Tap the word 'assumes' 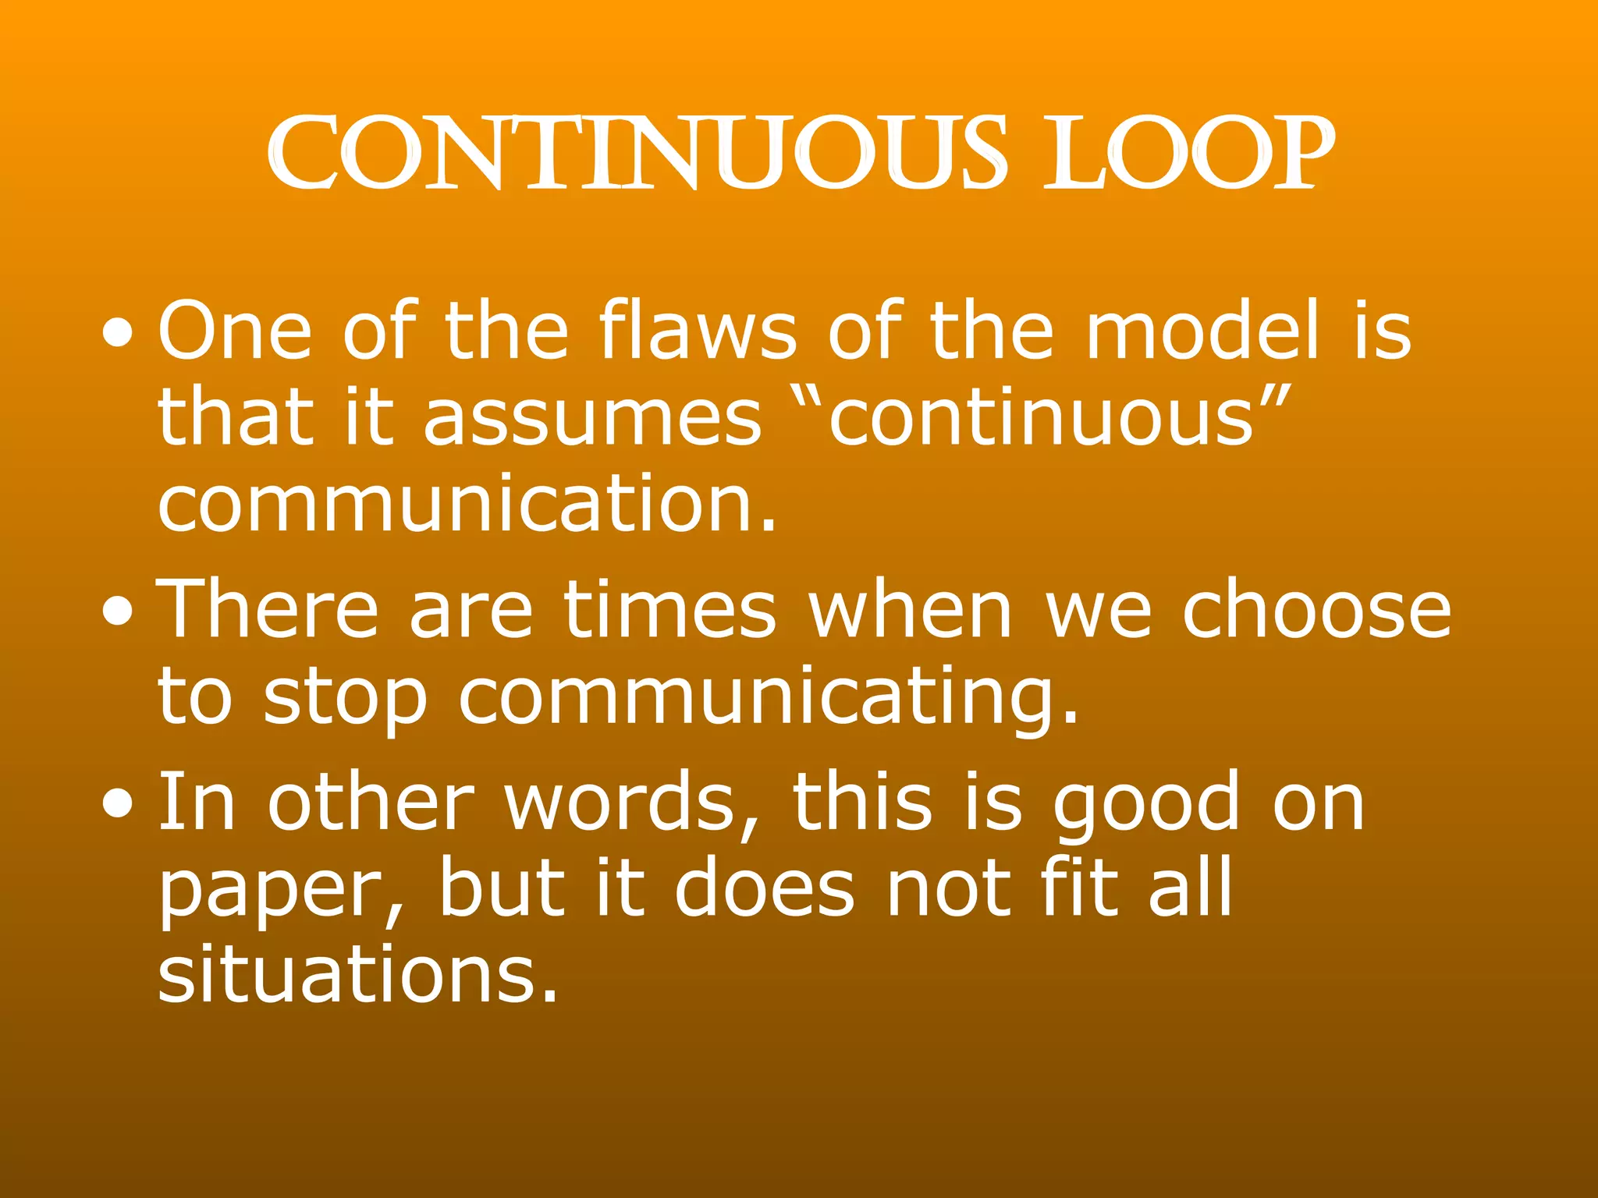[592, 419]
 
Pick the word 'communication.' [467, 503]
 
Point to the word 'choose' [1316, 610]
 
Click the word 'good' [1146, 803]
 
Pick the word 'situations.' [358, 975]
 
